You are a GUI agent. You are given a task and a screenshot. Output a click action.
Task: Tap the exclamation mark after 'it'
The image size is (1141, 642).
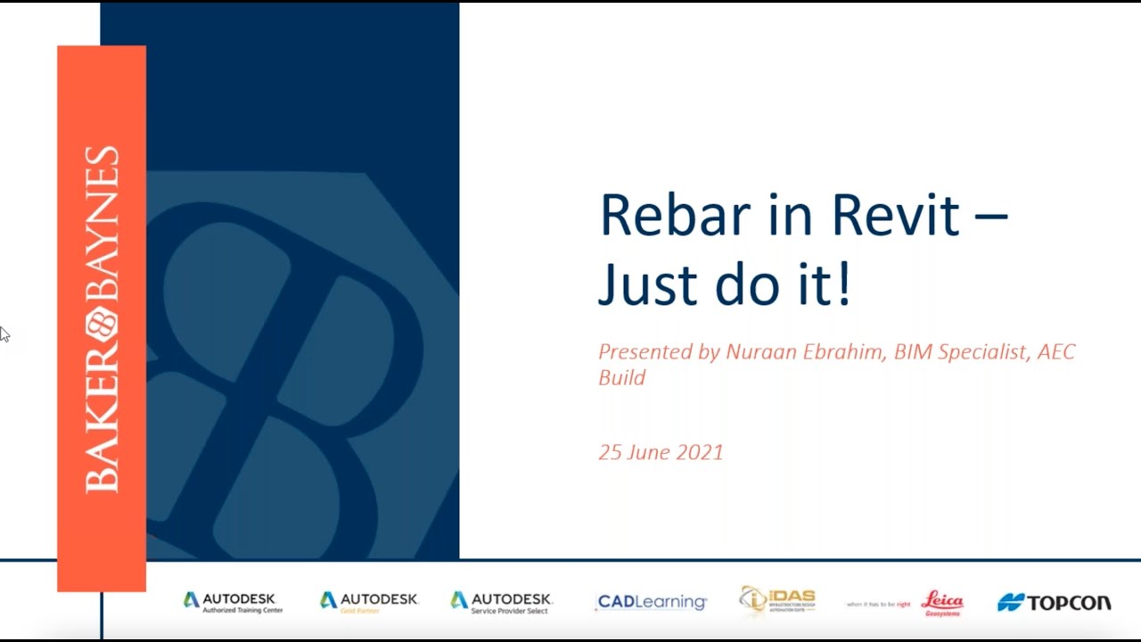pyautogui.click(x=843, y=284)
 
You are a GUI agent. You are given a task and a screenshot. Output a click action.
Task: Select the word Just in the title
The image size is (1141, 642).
pyautogui.click(x=646, y=284)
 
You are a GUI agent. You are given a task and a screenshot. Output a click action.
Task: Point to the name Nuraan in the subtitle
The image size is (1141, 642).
pyautogui.click(x=757, y=352)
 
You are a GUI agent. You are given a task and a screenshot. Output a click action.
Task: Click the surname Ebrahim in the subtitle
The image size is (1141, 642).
pyautogui.click(x=840, y=352)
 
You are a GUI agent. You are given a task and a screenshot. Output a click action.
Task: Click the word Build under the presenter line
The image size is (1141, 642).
pyautogui.click(x=621, y=377)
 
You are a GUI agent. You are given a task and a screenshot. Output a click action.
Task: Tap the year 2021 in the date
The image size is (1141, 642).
pyautogui.click(x=700, y=452)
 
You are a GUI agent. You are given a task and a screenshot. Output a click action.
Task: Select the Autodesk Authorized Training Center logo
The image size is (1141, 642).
pyautogui.click(x=233, y=603)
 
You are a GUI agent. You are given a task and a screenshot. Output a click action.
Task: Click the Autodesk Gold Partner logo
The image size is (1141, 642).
pyautogui.click(x=368, y=603)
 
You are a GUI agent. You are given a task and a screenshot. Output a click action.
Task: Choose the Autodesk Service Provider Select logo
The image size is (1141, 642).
pyautogui.click(x=501, y=603)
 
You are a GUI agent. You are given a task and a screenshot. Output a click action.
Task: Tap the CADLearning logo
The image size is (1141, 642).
pyautogui.click(x=652, y=603)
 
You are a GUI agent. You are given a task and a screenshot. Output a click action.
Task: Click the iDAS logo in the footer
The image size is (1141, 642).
pyautogui.click(x=777, y=601)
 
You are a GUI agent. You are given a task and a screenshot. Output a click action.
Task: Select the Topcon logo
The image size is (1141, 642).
pyautogui.click(x=1055, y=603)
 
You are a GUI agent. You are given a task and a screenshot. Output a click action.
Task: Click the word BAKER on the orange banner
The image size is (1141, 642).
pyautogui.click(x=102, y=419)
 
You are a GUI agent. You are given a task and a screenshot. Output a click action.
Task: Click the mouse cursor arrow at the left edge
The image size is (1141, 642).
pyautogui.click(x=4, y=333)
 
